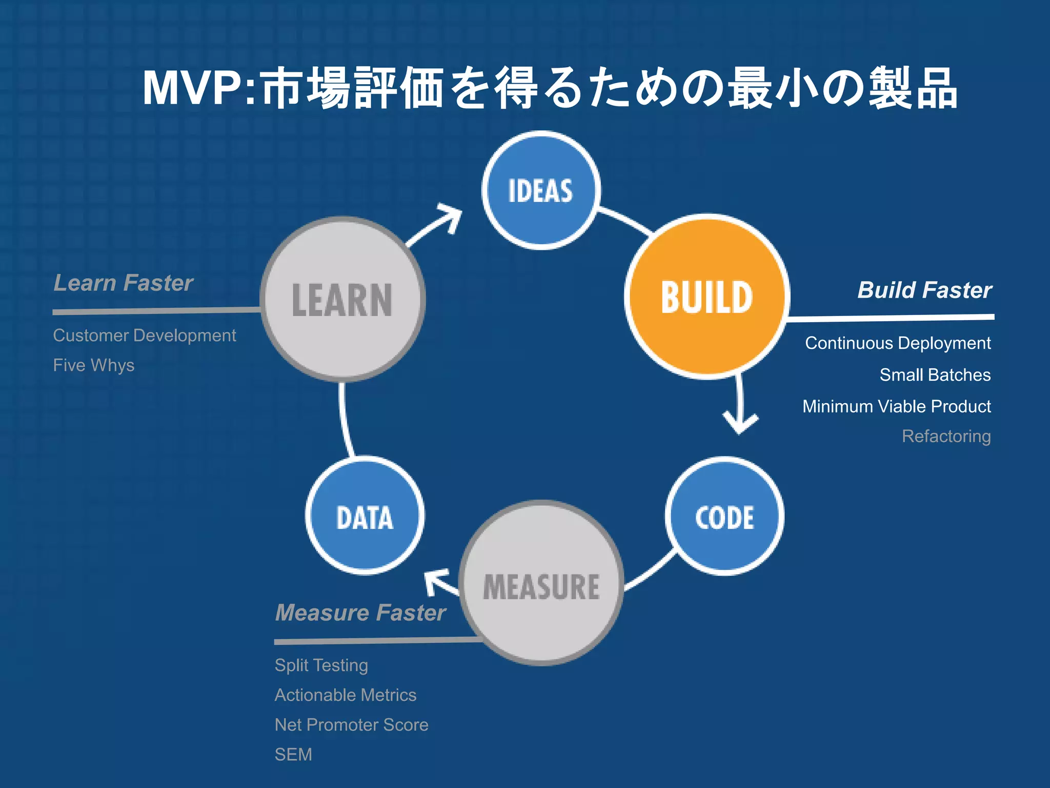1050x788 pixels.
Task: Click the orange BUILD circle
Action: pyautogui.click(x=707, y=297)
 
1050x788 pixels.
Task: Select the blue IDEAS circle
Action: pyautogui.click(x=541, y=190)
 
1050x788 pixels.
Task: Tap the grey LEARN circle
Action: pyautogui.click(x=342, y=300)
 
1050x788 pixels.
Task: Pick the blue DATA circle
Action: pyautogui.click(x=365, y=516)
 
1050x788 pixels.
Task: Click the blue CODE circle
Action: pyautogui.click(x=724, y=516)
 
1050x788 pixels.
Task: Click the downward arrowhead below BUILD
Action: pyautogui.click(x=739, y=423)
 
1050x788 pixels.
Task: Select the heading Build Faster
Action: pyautogui.click(x=924, y=290)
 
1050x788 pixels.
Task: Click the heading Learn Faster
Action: pyautogui.click(x=124, y=283)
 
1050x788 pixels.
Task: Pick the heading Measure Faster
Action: pyautogui.click(x=360, y=613)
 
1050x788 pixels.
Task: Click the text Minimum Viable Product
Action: pyautogui.click(x=896, y=406)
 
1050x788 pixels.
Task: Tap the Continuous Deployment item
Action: pyautogui.click(x=898, y=343)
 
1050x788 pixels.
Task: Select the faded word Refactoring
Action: pyautogui.click(x=946, y=436)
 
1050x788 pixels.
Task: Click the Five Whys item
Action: pyautogui.click(x=94, y=365)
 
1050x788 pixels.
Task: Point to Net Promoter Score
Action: pyautogui.click(x=351, y=724)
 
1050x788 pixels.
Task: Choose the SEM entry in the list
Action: pyautogui.click(x=293, y=755)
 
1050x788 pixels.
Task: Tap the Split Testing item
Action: pyautogui.click(x=321, y=665)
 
